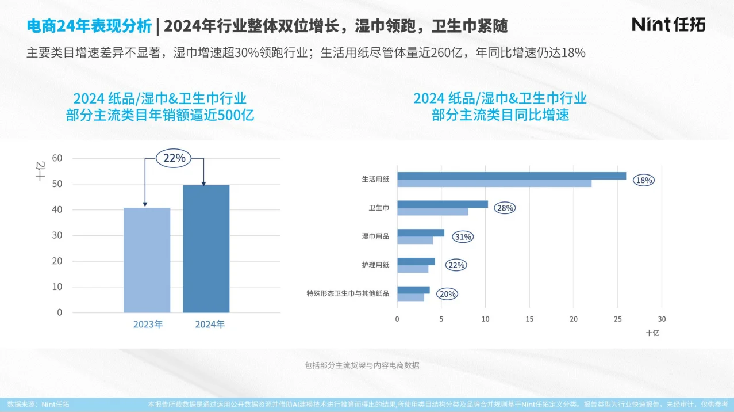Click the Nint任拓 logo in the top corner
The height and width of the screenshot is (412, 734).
(x=668, y=24)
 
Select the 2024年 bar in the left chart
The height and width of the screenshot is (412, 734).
(x=206, y=249)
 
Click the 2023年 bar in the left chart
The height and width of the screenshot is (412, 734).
(x=147, y=260)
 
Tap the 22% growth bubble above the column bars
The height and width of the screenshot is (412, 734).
(x=174, y=158)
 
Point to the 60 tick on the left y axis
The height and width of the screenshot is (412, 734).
(x=57, y=158)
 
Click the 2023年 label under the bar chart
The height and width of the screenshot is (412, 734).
(x=148, y=325)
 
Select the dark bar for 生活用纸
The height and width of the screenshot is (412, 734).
(x=511, y=176)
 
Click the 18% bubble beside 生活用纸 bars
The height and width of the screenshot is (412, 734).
(x=644, y=180)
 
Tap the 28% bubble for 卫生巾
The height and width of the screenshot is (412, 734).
(x=505, y=208)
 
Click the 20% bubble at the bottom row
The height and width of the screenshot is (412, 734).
(x=447, y=294)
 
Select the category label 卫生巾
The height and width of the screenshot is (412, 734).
(x=378, y=208)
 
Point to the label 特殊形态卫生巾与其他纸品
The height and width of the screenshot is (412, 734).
(x=348, y=293)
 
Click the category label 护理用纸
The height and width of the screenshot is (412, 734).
(x=375, y=265)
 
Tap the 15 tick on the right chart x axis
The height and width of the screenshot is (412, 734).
(x=529, y=319)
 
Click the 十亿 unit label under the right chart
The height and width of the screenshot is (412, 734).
(x=652, y=333)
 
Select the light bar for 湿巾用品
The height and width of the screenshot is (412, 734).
(x=415, y=241)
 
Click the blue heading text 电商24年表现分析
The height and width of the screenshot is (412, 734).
(x=89, y=26)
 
